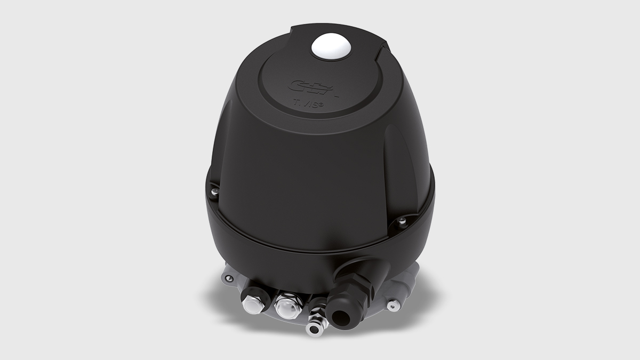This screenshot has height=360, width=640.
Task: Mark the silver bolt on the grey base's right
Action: [393, 305]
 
